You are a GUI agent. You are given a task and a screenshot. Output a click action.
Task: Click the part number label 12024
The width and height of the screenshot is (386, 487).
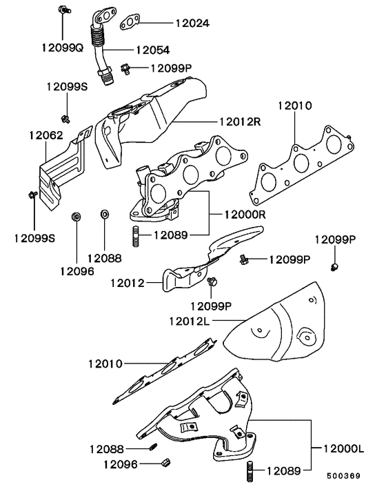(x=191, y=23)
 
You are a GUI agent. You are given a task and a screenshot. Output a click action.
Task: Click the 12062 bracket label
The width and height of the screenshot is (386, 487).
(x=46, y=136)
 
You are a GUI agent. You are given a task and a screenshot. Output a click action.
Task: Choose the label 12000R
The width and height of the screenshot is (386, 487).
(x=245, y=214)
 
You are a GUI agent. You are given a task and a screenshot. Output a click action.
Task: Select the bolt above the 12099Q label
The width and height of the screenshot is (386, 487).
(x=63, y=11)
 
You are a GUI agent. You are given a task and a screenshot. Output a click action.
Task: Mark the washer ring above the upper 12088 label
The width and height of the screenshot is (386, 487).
(x=105, y=215)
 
